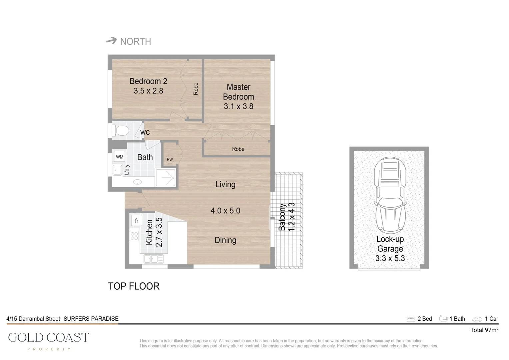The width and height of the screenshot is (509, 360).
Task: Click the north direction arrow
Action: pyautogui.click(x=112, y=41)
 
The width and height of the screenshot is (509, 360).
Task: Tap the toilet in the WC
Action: pyautogui.click(x=121, y=131)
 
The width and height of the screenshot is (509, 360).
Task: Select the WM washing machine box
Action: pyautogui.click(x=120, y=157)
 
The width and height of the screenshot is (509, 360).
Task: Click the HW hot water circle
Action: pyautogui.click(x=170, y=160)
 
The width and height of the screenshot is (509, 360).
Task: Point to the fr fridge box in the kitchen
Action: pyautogui.click(x=137, y=221)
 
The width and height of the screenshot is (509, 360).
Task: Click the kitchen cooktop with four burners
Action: pyautogui.click(x=134, y=236)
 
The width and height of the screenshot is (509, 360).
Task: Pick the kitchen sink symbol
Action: pyautogui.click(x=153, y=259)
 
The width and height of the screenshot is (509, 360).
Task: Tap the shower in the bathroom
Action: pyautogui.click(x=166, y=177)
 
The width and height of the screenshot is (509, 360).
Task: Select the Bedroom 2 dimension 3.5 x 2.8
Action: pyautogui.click(x=148, y=91)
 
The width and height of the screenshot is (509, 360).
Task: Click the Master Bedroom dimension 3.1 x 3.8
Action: pyautogui.click(x=238, y=107)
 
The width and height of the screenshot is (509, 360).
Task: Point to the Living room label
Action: pyautogui.click(x=225, y=185)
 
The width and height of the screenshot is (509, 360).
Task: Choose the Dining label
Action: pyautogui.click(x=225, y=240)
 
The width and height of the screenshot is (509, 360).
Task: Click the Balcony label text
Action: pyautogui.click(x=282, y=217)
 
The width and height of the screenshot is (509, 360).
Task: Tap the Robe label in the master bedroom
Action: pyautogui.click(x=238, y=149)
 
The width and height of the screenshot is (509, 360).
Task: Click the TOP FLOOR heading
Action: pyautogui.click(x=134, y=286)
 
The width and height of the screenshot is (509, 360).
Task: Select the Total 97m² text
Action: pyautogui.click(x=484, y=330)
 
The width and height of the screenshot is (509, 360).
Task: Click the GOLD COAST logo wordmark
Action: pyautogui.click(x=49, y=338)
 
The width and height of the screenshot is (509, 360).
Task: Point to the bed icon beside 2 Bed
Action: pyautogui.click(x=411, y=319)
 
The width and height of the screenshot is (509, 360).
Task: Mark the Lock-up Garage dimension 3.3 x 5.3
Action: pyautogui.click(x=390, y=258)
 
